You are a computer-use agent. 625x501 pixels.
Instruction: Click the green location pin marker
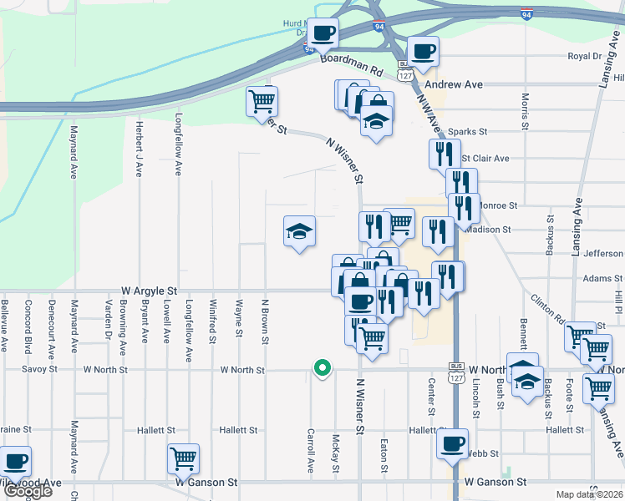pos(321,366)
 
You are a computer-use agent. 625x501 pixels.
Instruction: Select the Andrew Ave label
pos(454,85)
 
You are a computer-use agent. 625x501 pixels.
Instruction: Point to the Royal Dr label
pos(584,57)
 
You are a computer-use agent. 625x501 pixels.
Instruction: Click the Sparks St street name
pos(467,132)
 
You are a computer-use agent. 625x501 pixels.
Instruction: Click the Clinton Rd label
pos(547,309)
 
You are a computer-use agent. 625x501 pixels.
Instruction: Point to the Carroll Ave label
pos(310,452)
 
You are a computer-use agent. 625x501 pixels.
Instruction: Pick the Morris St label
pos(525,110)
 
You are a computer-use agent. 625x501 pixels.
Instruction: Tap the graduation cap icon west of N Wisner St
pos(299,230)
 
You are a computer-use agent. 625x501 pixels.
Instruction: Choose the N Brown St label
pos(264,322)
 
